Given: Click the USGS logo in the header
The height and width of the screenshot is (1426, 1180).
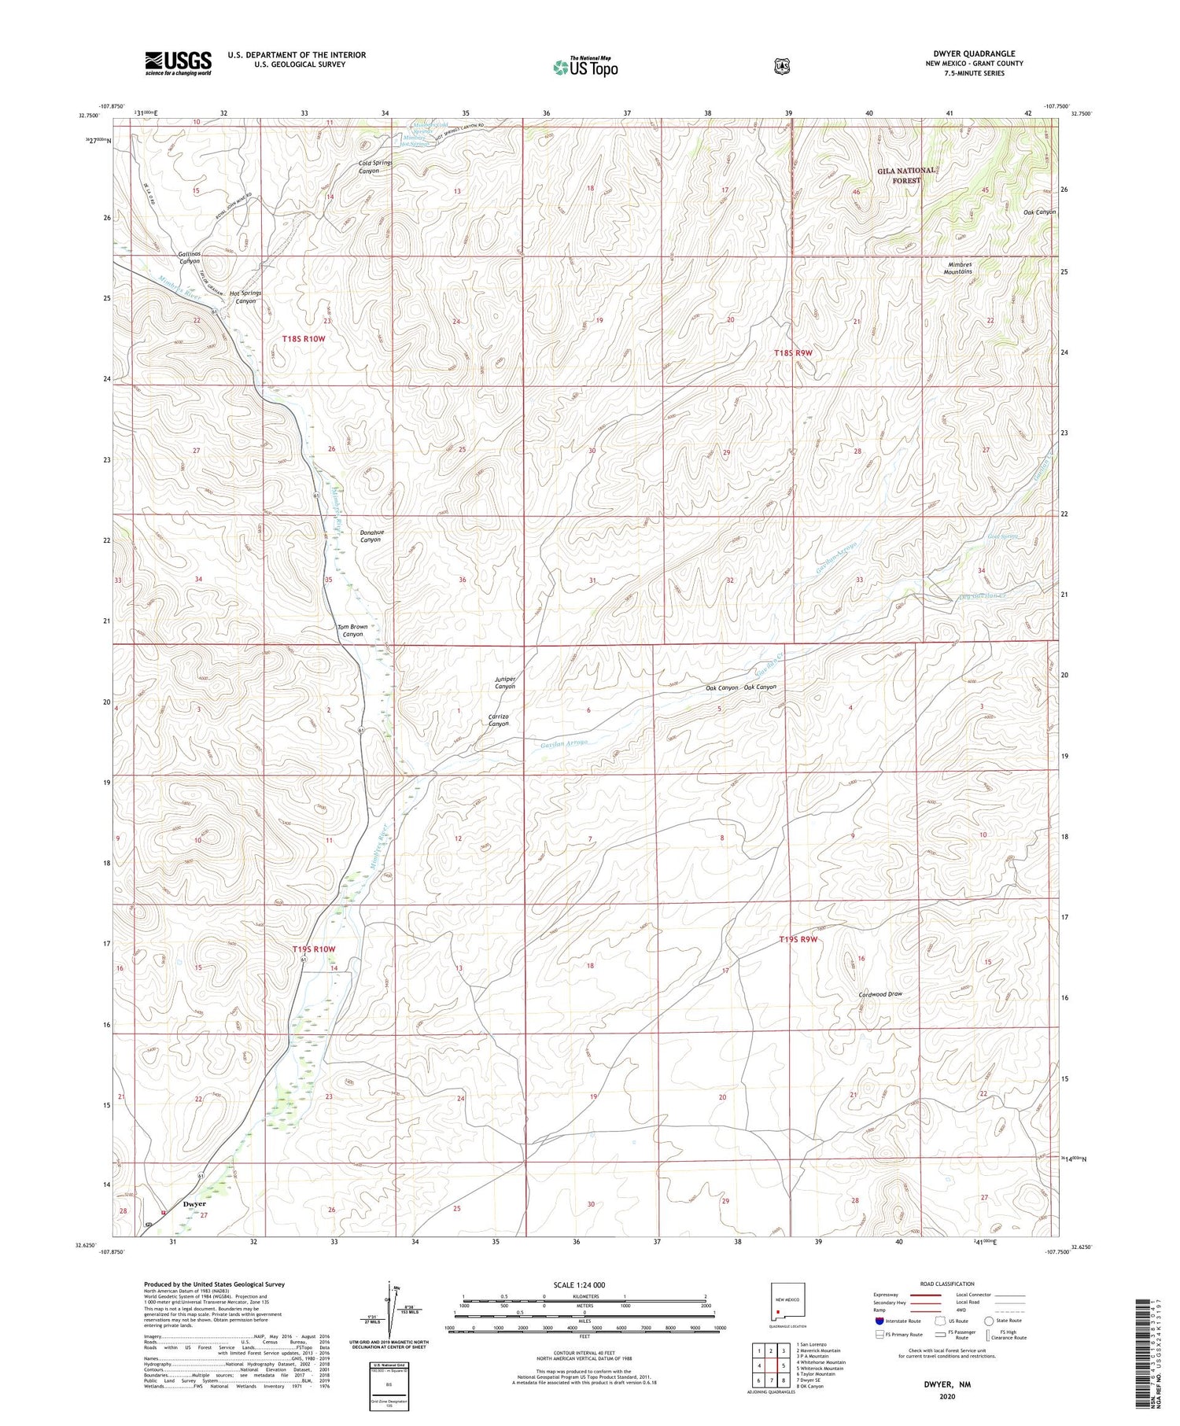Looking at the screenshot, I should click(x=178, y=63).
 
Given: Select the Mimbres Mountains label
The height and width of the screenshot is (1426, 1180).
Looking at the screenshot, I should click(x=957, y=267).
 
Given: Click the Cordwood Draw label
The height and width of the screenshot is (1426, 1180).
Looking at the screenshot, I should click(x=880, y=994).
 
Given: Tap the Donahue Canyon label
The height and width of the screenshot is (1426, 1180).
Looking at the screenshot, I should click(x=370, y=536).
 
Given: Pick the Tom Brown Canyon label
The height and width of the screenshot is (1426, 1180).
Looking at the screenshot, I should click(x=352, y=630).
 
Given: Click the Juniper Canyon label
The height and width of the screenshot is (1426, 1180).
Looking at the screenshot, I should click(x=504, y=682).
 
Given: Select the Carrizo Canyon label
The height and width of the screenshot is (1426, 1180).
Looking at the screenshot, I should click(x=499, y=720).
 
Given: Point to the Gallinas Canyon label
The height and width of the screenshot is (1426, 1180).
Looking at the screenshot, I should click(x=189, y=257).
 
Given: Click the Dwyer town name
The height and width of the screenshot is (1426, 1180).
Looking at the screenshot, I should click(x=194, y=1203).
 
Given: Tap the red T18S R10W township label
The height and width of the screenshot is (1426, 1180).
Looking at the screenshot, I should click(x=303, y=338).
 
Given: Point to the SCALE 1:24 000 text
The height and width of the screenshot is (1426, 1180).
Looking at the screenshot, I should click(x=578, y=1284).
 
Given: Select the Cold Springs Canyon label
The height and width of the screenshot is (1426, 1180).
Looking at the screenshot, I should click(x=374, y=167).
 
